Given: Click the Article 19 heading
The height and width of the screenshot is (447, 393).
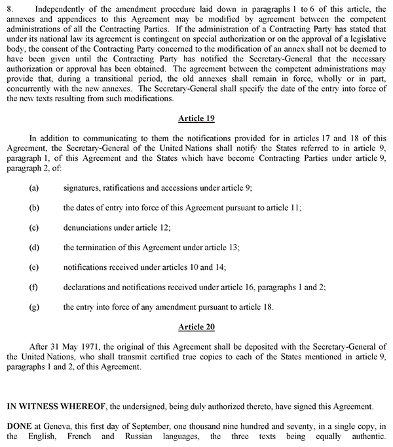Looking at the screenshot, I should click(x=196, y=119).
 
